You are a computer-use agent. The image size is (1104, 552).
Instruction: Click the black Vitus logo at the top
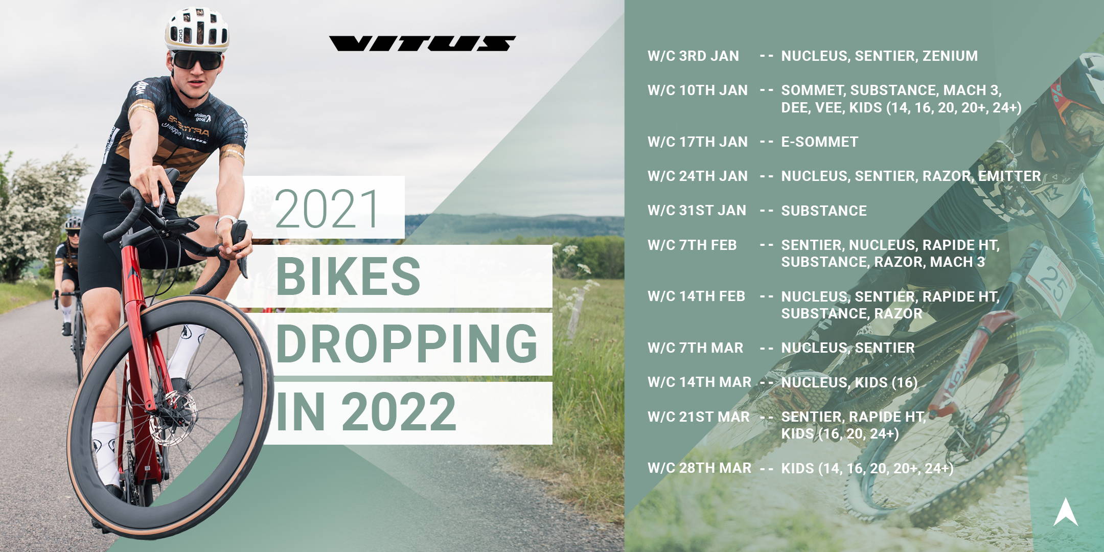422,43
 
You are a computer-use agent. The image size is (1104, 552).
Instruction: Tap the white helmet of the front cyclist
197,29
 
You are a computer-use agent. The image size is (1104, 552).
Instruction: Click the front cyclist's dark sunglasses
196,60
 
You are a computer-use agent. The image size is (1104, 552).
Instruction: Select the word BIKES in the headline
348,276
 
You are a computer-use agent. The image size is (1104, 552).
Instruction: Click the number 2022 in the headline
399,412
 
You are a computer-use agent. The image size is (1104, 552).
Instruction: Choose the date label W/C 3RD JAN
693,56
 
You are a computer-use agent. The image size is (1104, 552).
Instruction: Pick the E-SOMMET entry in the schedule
820,142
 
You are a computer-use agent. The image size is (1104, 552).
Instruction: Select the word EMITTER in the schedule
1009,176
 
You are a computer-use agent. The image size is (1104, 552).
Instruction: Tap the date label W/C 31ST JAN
697,211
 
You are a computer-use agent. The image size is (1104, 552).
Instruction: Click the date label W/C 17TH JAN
698,142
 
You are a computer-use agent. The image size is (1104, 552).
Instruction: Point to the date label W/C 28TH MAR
699,468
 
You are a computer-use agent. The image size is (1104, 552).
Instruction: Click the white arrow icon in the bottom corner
1066,512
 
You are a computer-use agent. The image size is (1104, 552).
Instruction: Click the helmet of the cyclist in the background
73,223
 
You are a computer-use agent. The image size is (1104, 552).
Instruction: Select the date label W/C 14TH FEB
696,296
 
